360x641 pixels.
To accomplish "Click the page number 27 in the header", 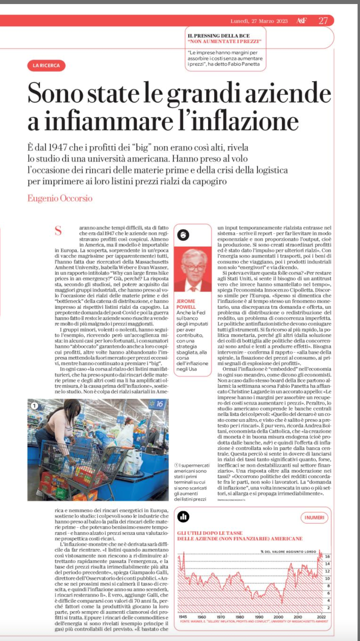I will (x=323, y=21).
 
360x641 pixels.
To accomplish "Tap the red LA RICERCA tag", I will (x=46, y=65).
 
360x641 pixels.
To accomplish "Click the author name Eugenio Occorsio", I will (x=60, y=198).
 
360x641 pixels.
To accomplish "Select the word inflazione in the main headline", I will (x=244, y=121).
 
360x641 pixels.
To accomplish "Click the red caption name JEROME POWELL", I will (x=186, y=304).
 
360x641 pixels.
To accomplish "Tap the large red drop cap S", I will (x=59, y=231).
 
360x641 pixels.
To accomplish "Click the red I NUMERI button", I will (x=314, y=517).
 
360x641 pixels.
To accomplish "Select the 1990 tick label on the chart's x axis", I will (x=259, y=617).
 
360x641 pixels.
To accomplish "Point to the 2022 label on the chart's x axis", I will (x=321, y=617).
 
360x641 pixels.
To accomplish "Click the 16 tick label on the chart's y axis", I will (x=328, y=557).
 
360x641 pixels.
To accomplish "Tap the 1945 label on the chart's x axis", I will (x=183, y=617).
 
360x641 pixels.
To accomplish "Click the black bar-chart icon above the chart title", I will (x=183, y=517).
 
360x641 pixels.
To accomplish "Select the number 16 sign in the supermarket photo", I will (x=159, y=404).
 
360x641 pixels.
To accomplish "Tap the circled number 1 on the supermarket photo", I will (x=34, y=405).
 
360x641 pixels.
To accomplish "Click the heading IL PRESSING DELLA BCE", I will (x=219, y=36).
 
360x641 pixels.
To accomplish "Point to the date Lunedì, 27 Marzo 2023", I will (x=259, y=21).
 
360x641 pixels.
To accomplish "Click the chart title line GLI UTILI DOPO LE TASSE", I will (x=210, y=533).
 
